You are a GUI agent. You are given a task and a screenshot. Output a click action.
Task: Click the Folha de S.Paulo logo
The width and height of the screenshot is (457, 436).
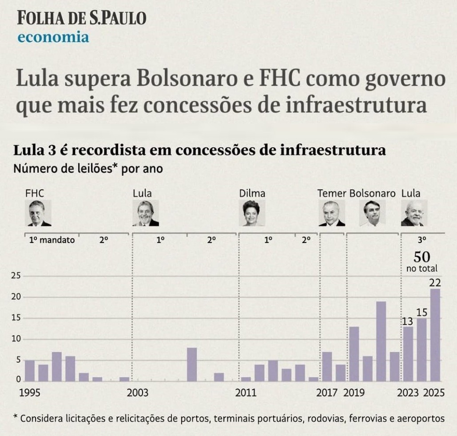(82, 18)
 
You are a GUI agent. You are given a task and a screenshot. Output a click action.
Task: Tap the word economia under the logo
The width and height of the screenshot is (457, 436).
(53, 37)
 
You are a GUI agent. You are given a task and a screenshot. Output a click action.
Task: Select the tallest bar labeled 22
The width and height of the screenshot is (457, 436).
(435, 335)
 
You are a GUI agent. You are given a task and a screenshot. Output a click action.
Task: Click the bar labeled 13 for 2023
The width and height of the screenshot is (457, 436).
(408, 354)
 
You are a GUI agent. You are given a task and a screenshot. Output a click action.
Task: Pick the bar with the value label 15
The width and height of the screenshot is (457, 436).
(421, 350)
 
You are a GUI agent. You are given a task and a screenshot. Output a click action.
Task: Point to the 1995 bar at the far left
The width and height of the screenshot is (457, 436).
(30, 370)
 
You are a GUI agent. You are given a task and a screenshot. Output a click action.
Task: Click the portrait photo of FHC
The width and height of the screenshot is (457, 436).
(39, 213)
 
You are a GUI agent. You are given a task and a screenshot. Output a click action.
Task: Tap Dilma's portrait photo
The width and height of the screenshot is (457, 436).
(251, 213)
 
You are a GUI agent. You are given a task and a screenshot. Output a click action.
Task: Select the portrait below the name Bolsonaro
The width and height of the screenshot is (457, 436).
(372, 213)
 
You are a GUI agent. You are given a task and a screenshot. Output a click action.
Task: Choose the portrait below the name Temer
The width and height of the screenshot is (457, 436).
(332, 213)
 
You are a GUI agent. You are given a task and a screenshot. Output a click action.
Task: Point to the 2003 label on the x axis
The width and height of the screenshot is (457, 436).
(138, 393)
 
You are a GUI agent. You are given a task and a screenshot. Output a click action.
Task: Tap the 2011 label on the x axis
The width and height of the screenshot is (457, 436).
(246, 393)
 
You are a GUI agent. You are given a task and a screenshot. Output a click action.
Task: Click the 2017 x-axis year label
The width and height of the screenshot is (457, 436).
(327, 393)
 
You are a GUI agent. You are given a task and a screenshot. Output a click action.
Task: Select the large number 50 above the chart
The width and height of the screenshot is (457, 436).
(421, 257)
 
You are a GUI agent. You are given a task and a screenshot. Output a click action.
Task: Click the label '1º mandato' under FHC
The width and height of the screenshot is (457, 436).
(52, 240)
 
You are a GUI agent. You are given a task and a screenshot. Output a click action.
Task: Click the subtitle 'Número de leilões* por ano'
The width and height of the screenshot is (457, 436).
(88, 169)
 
